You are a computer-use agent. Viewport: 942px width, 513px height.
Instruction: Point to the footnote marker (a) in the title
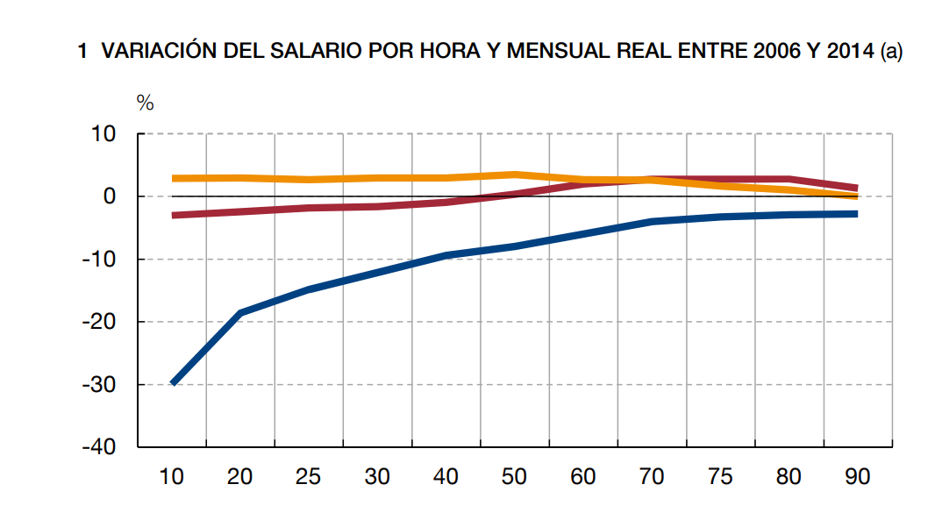(891, 52)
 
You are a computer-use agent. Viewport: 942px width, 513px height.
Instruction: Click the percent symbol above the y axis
(145, 103)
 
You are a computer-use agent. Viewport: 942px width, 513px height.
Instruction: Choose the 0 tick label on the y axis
(110, 196)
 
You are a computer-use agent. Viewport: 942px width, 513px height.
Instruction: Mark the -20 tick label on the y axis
(100, 322)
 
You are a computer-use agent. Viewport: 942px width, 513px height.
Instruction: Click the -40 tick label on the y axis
(100, 447)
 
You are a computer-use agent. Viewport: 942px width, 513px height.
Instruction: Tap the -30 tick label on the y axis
(100, 385)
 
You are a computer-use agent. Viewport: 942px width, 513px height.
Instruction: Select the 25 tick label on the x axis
(309, 477)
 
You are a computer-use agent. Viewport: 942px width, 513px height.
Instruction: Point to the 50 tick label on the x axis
(514, 477)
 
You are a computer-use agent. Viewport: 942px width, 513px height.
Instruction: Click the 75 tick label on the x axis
(720, 477)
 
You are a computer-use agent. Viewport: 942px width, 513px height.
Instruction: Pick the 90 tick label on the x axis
(857, 477)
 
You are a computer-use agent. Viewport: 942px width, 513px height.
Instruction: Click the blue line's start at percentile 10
(173, 382)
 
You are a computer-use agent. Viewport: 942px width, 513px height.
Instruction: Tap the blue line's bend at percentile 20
(240, 313)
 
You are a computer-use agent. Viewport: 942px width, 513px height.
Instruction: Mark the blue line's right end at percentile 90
(856, 214)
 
